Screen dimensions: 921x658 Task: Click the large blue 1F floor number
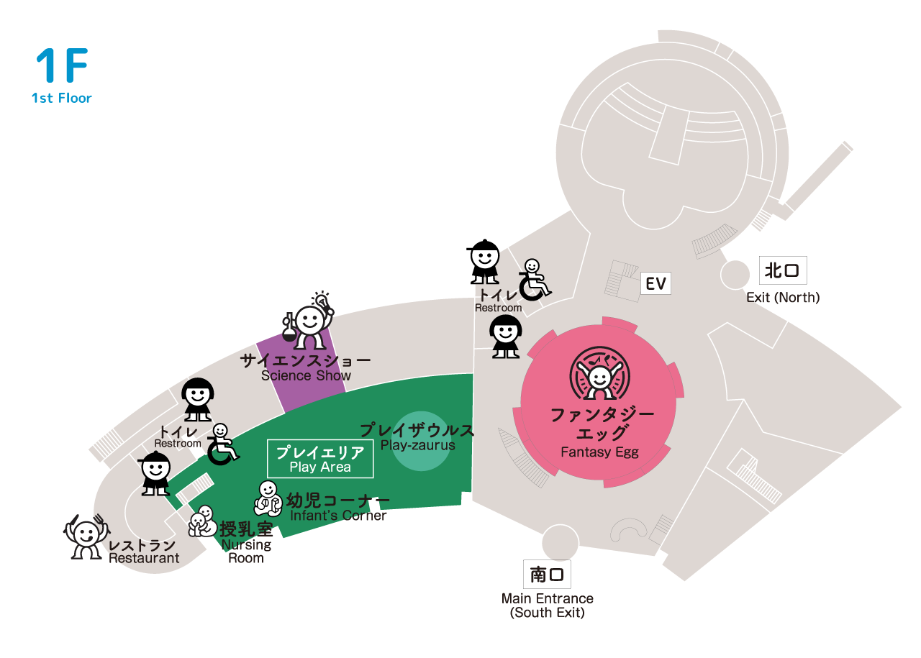pyautogui.click(x=62, y=65)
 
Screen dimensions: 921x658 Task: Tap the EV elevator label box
pyautogui.click(x=655, y=283)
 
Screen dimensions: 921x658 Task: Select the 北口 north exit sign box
pyautogui.click(x=783, y=270)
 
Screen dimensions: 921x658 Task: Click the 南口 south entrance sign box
pyautogui.click(x=547, y=574)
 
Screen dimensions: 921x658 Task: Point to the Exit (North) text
pyautogui.click(x=783, y=297)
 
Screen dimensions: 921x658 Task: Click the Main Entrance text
pyautogui.click(x=548, y=598)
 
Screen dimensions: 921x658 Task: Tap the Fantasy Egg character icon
pyautogui.click(x=600, y=373)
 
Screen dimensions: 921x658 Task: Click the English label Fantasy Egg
pyautogui.click(x=599, y=452)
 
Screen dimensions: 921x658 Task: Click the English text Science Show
pyautogui.click(x=306, y=375)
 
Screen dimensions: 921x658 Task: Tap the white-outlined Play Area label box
pyautogui.click(x=320, y=459)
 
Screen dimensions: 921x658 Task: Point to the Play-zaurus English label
pyautogui.click(x=418, y=445)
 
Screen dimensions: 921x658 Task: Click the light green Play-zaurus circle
pyautogui.click(x=421, y=441)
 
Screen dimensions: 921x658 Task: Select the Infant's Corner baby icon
pyautogui.click(x=268, y=498)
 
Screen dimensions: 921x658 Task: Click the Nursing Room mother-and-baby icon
pyautogui.click(x=202, y=521)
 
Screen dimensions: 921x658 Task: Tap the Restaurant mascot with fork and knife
pyautogui.click(x=86, y=536)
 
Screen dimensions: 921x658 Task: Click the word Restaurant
pyautogui.click(x=144, y=558)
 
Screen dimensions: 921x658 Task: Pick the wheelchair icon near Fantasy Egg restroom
pyautogui.click(x=534, y=280)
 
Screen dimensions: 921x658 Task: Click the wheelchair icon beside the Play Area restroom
pyautogui.click(x=222, y=444)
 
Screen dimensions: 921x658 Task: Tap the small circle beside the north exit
pyautogui.click(x=735, y=275)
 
